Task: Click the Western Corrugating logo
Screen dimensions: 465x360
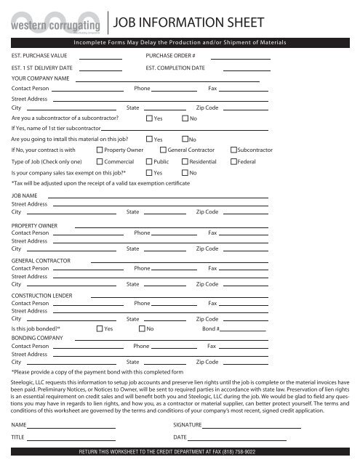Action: (53, 18)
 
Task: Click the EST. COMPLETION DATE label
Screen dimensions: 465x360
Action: (175, 68)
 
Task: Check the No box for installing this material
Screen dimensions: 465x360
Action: (185, 139)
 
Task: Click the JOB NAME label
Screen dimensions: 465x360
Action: (25, 196)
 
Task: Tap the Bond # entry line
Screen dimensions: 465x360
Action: (244, 331)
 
